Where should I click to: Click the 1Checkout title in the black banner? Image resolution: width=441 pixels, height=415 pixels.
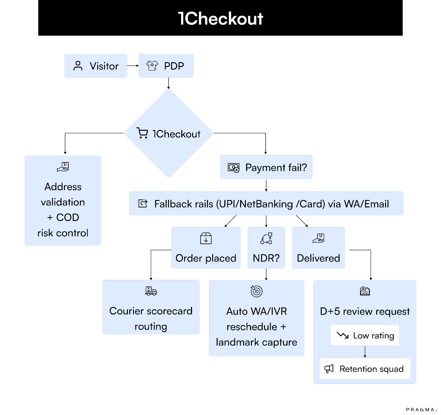(220, 18)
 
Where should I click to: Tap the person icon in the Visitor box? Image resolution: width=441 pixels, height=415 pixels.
(78, 66)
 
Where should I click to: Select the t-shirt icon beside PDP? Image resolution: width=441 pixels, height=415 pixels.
(152, 66)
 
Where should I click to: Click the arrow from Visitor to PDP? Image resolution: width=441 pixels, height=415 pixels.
(133, 66)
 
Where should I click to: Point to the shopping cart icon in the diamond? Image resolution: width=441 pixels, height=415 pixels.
(142, 133)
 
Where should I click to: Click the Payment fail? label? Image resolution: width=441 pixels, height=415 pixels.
(276, 167)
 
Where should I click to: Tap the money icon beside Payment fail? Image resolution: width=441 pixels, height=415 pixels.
(233, 168)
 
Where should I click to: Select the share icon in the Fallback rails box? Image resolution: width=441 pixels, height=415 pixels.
(143, 204)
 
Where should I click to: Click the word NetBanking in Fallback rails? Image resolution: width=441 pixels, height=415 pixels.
(266, 204)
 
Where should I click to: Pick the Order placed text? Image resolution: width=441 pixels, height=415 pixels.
(206, 258)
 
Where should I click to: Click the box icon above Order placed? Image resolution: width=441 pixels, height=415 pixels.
(206, 238)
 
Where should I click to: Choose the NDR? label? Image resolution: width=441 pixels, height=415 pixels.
(266, 258)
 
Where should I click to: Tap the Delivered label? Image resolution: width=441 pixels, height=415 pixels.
(318, 258)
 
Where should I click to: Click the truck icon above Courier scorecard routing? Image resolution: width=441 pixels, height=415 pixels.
(151, 291)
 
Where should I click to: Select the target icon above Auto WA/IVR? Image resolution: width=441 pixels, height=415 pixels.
(256, 291)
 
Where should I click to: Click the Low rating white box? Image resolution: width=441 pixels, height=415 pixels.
(365, 335)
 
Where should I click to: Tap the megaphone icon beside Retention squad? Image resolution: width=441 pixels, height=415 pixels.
(329, 369)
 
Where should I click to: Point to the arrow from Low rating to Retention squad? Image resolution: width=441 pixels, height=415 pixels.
(365, 352)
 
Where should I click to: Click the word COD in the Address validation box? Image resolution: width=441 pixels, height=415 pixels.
(68, 217)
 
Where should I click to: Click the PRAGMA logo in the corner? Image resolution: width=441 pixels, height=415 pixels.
(421, 409)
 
